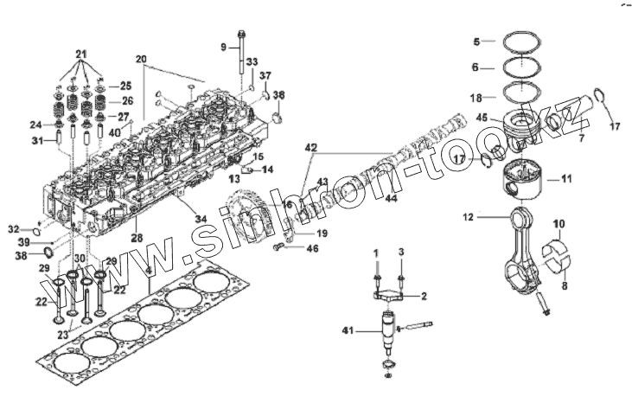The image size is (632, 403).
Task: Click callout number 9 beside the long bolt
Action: [223, 46]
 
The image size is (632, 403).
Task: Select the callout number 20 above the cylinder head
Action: [141, 59]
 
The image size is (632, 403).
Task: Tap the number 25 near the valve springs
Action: [125, 86]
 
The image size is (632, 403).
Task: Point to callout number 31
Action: [37, 141]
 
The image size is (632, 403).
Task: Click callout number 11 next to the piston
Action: [566, 179]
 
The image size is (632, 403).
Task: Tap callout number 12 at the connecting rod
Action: [468, 217]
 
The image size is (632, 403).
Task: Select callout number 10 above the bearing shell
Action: [559, 223]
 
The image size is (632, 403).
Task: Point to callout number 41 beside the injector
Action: [348, 330]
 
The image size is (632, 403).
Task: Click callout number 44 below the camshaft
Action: [391, 199]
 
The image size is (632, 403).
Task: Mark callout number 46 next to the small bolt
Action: [312, 248]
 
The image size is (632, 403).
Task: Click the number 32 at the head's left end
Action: [13, 229]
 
